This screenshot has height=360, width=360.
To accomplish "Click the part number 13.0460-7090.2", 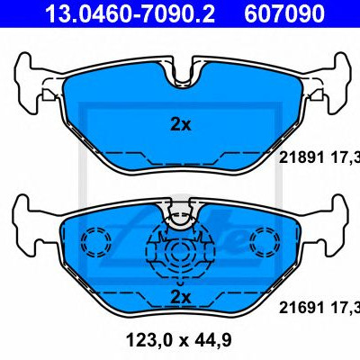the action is coord(130,13).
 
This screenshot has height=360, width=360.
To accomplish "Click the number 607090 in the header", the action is coord(283,13).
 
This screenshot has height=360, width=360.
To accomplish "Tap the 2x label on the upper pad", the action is coord(180,124).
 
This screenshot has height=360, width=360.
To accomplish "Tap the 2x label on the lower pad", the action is coord(180,297).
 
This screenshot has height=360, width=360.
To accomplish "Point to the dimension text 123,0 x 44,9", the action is coord(179,340).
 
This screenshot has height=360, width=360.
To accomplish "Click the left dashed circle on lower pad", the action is coord(96,242).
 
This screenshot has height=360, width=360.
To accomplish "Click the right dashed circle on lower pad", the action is coord(265,242).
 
